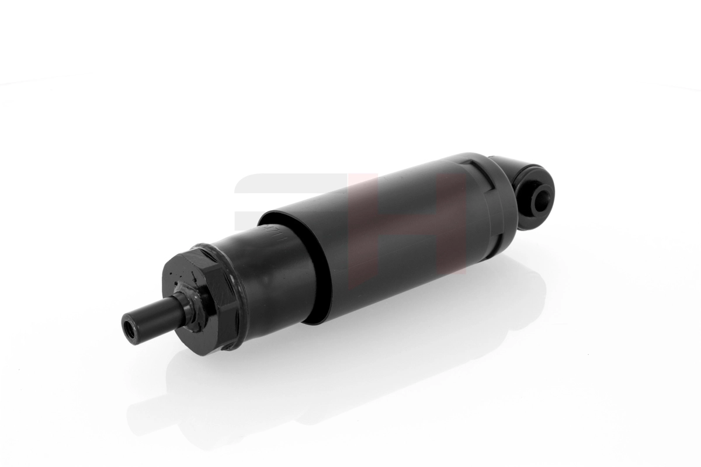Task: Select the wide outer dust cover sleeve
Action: (397, 233)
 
